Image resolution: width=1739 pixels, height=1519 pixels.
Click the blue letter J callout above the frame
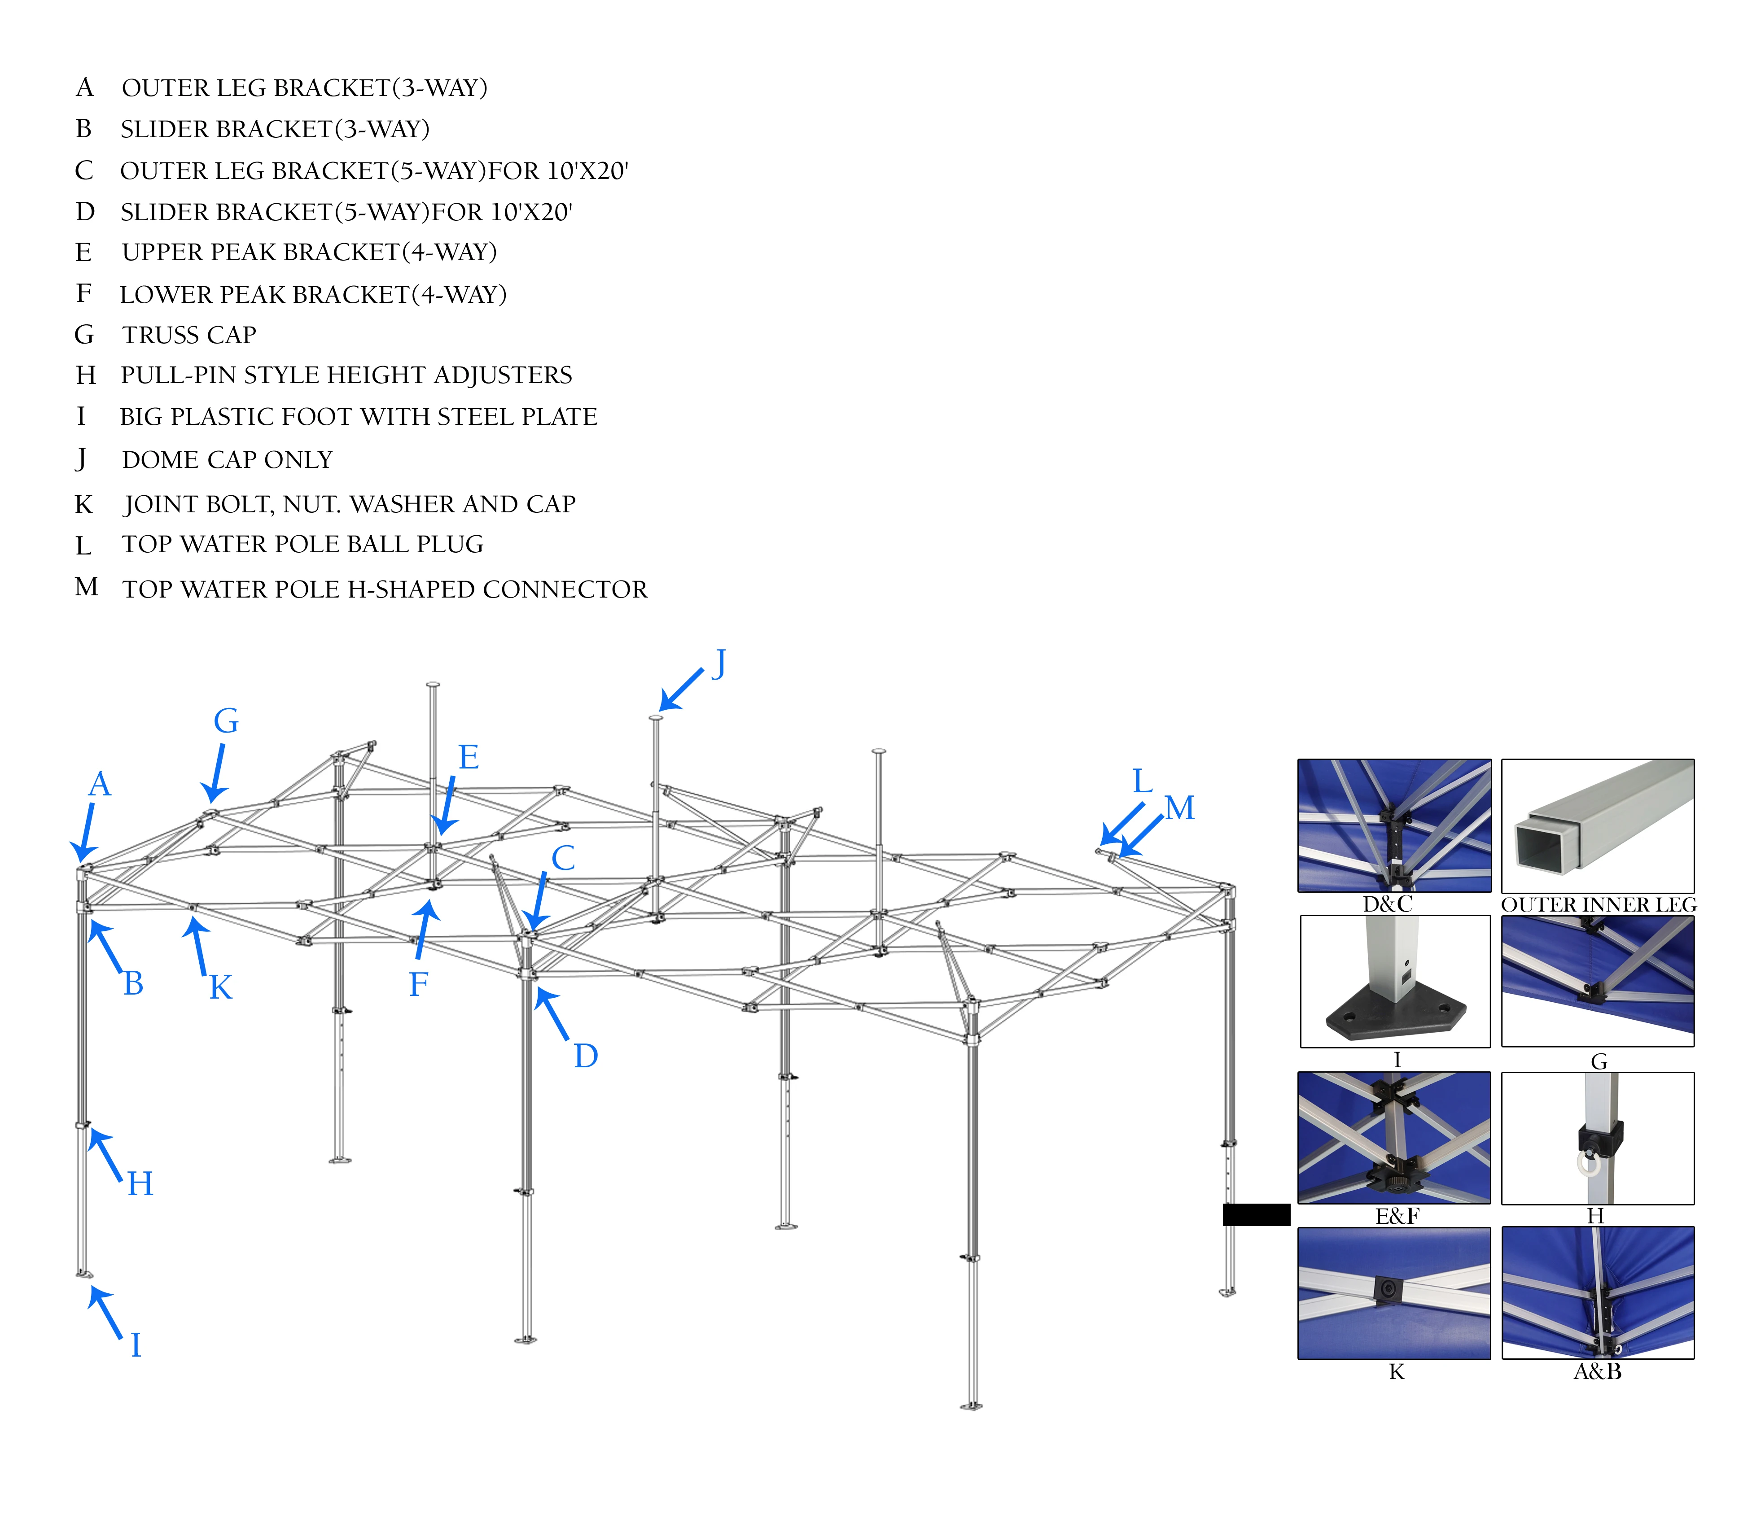point(719,664)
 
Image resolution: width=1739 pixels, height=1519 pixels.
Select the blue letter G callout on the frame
point(226,721)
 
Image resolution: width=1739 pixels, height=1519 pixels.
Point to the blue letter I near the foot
point(136,1345)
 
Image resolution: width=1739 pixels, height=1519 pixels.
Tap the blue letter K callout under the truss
point(220,987)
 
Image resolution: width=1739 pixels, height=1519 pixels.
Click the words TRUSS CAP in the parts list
point(189,335)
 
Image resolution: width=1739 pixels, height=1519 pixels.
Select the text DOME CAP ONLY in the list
point(227,459)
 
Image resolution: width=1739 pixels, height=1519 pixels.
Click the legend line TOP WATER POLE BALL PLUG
point(302,544)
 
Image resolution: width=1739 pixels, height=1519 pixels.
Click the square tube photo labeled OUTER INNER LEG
point(1597,825)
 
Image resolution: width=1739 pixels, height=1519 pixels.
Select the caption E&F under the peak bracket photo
point(1397,1216)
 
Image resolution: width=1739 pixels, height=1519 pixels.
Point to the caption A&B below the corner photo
point(1597,1371)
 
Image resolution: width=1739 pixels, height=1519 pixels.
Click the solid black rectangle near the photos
point(1256,1215)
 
